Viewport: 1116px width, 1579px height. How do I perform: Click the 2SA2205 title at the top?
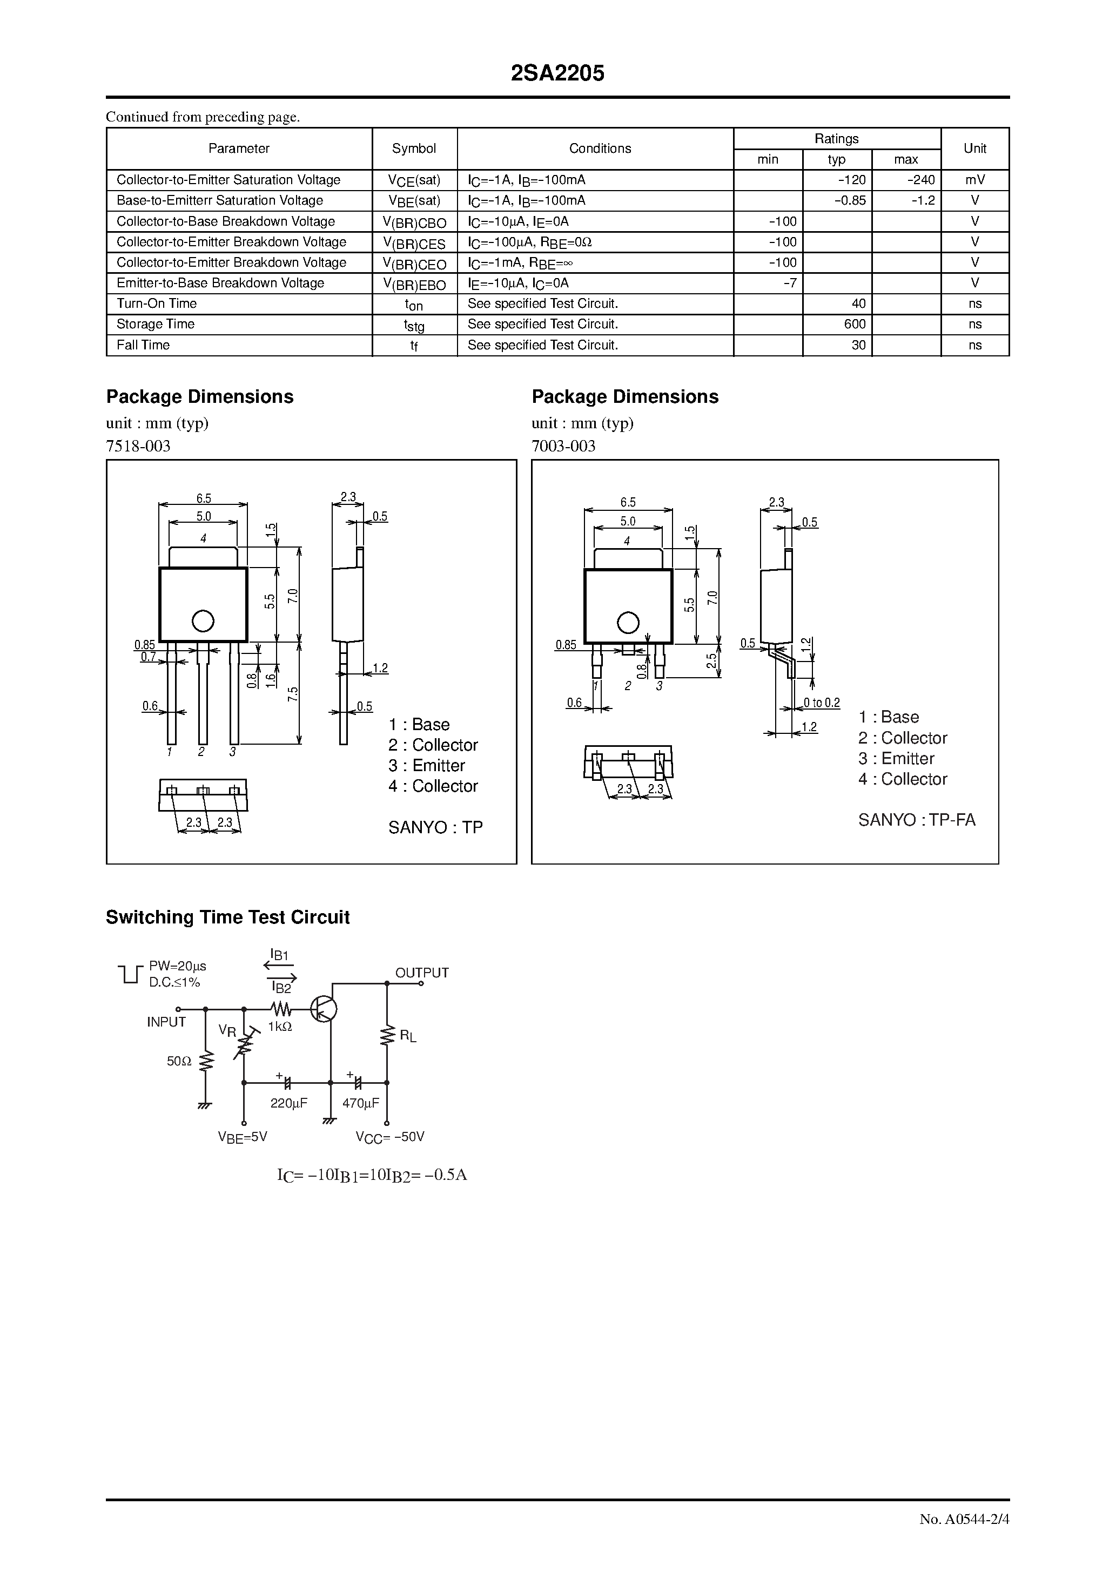pos(557,73)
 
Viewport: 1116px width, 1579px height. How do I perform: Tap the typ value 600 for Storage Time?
pos(855,324)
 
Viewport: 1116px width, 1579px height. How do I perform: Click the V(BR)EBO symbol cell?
pos(414,284)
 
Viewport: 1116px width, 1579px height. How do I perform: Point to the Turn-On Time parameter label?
pos(157,303)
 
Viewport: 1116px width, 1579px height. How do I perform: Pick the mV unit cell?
pos(974,180)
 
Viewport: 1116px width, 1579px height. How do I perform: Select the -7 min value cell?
pos(790,282)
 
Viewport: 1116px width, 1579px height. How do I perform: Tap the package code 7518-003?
pos(138,447)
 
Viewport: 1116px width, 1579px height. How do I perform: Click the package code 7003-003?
pos(563,447)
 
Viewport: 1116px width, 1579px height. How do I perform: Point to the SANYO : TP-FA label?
pos(917,820)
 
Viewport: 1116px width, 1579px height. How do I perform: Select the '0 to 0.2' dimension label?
pos(822,703)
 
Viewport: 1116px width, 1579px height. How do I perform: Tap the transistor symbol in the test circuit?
pos(324,1009)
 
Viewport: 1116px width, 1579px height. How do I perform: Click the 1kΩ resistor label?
pos(280,1027)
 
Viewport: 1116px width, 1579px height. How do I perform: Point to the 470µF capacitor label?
pos(360,1103)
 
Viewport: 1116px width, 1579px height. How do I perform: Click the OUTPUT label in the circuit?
pos(422,973)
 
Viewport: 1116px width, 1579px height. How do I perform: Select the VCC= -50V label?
pos(390,1137)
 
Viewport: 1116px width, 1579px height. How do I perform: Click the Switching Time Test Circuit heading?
pos(228,917)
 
